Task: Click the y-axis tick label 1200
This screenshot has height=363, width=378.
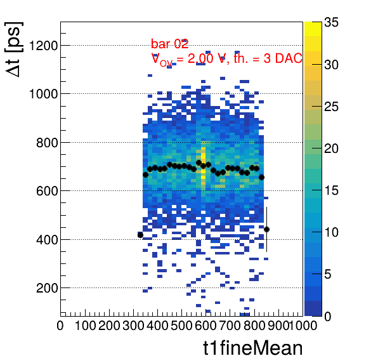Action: (43, 45)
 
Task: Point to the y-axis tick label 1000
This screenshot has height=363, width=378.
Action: (43, 93)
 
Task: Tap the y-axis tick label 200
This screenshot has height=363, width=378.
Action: (47, 287)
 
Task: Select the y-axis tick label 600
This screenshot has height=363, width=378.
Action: (47, 191)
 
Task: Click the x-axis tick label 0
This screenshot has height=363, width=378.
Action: (60, 326)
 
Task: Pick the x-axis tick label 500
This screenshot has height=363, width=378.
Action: (181, 326)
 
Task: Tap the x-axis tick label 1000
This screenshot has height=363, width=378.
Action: (303, 326)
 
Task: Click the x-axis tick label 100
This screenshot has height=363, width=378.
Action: (86, 326)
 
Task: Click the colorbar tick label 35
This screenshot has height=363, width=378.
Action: (331, 22)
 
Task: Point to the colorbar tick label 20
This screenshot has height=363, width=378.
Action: (331, 148)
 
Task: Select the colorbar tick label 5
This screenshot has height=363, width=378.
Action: (328, 274)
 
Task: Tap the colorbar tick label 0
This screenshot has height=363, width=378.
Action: (328, 316)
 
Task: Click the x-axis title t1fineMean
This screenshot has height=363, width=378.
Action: (253, 348)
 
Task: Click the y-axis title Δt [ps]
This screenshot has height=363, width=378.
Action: (13, 49)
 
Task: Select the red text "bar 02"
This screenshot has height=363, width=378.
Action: (169, 44)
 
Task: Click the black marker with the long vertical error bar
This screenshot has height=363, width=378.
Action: (266, 229)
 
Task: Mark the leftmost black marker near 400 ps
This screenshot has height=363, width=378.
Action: (140, 235)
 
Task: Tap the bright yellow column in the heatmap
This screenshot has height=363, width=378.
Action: (203, 166)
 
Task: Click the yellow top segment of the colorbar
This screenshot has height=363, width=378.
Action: (313, 29)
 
